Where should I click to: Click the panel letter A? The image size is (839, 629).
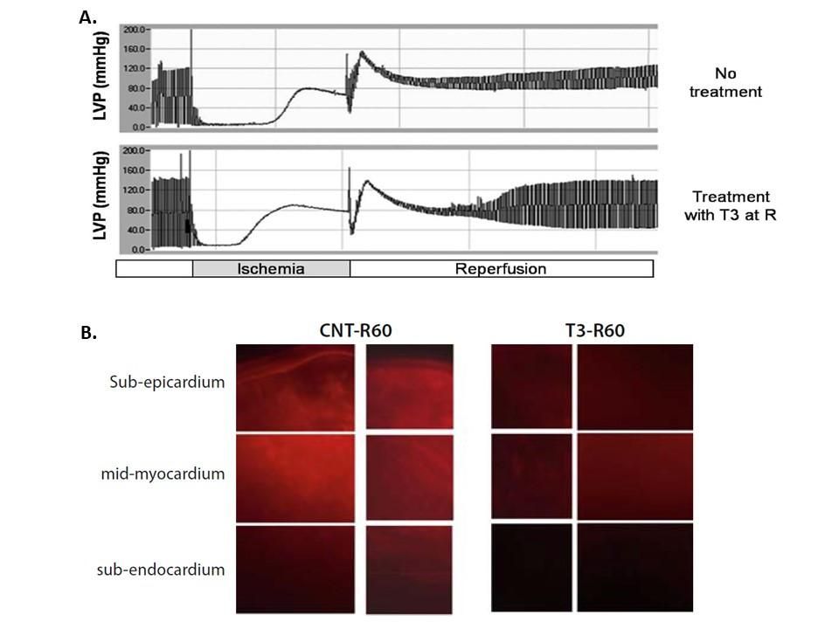(87, 17)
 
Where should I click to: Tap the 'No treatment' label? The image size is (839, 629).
(725, 83)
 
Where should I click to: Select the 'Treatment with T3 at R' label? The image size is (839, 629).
(733, 205)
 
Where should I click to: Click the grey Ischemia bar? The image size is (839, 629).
(271, 269)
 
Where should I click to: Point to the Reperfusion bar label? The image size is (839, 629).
(500, 269)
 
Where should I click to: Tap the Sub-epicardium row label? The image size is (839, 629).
(168, 382)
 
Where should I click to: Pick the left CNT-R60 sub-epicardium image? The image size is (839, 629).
(295, 386)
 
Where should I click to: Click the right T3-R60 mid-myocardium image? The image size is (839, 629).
(634, 477)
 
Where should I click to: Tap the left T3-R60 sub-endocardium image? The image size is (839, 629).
(531, 567)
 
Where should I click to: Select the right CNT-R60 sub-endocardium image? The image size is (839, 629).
(409, 568)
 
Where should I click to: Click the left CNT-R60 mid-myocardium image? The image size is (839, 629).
(295, 477)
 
